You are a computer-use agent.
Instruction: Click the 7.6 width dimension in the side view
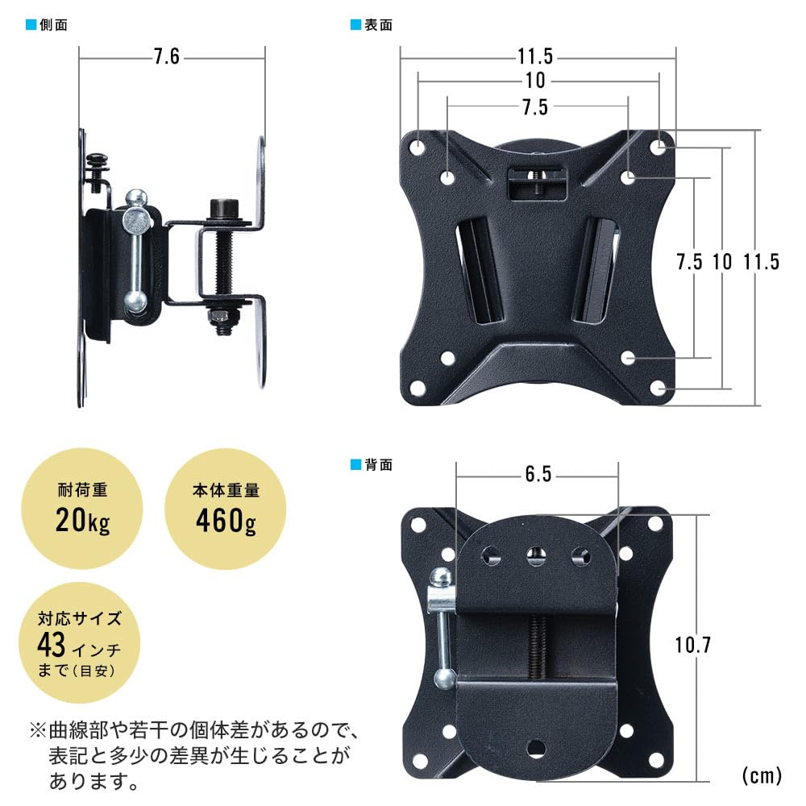click(166, 57)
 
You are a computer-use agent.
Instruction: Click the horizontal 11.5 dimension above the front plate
click(535, 57)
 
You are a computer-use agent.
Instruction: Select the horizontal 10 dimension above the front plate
click(535, 81)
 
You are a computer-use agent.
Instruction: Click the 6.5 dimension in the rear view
click(538, 475)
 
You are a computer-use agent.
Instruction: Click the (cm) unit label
click(761, 775)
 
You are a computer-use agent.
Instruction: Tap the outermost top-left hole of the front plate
click(418, 148)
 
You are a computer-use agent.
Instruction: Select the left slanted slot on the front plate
click(479, 271)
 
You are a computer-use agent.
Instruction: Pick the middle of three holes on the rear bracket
click(533, 555)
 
